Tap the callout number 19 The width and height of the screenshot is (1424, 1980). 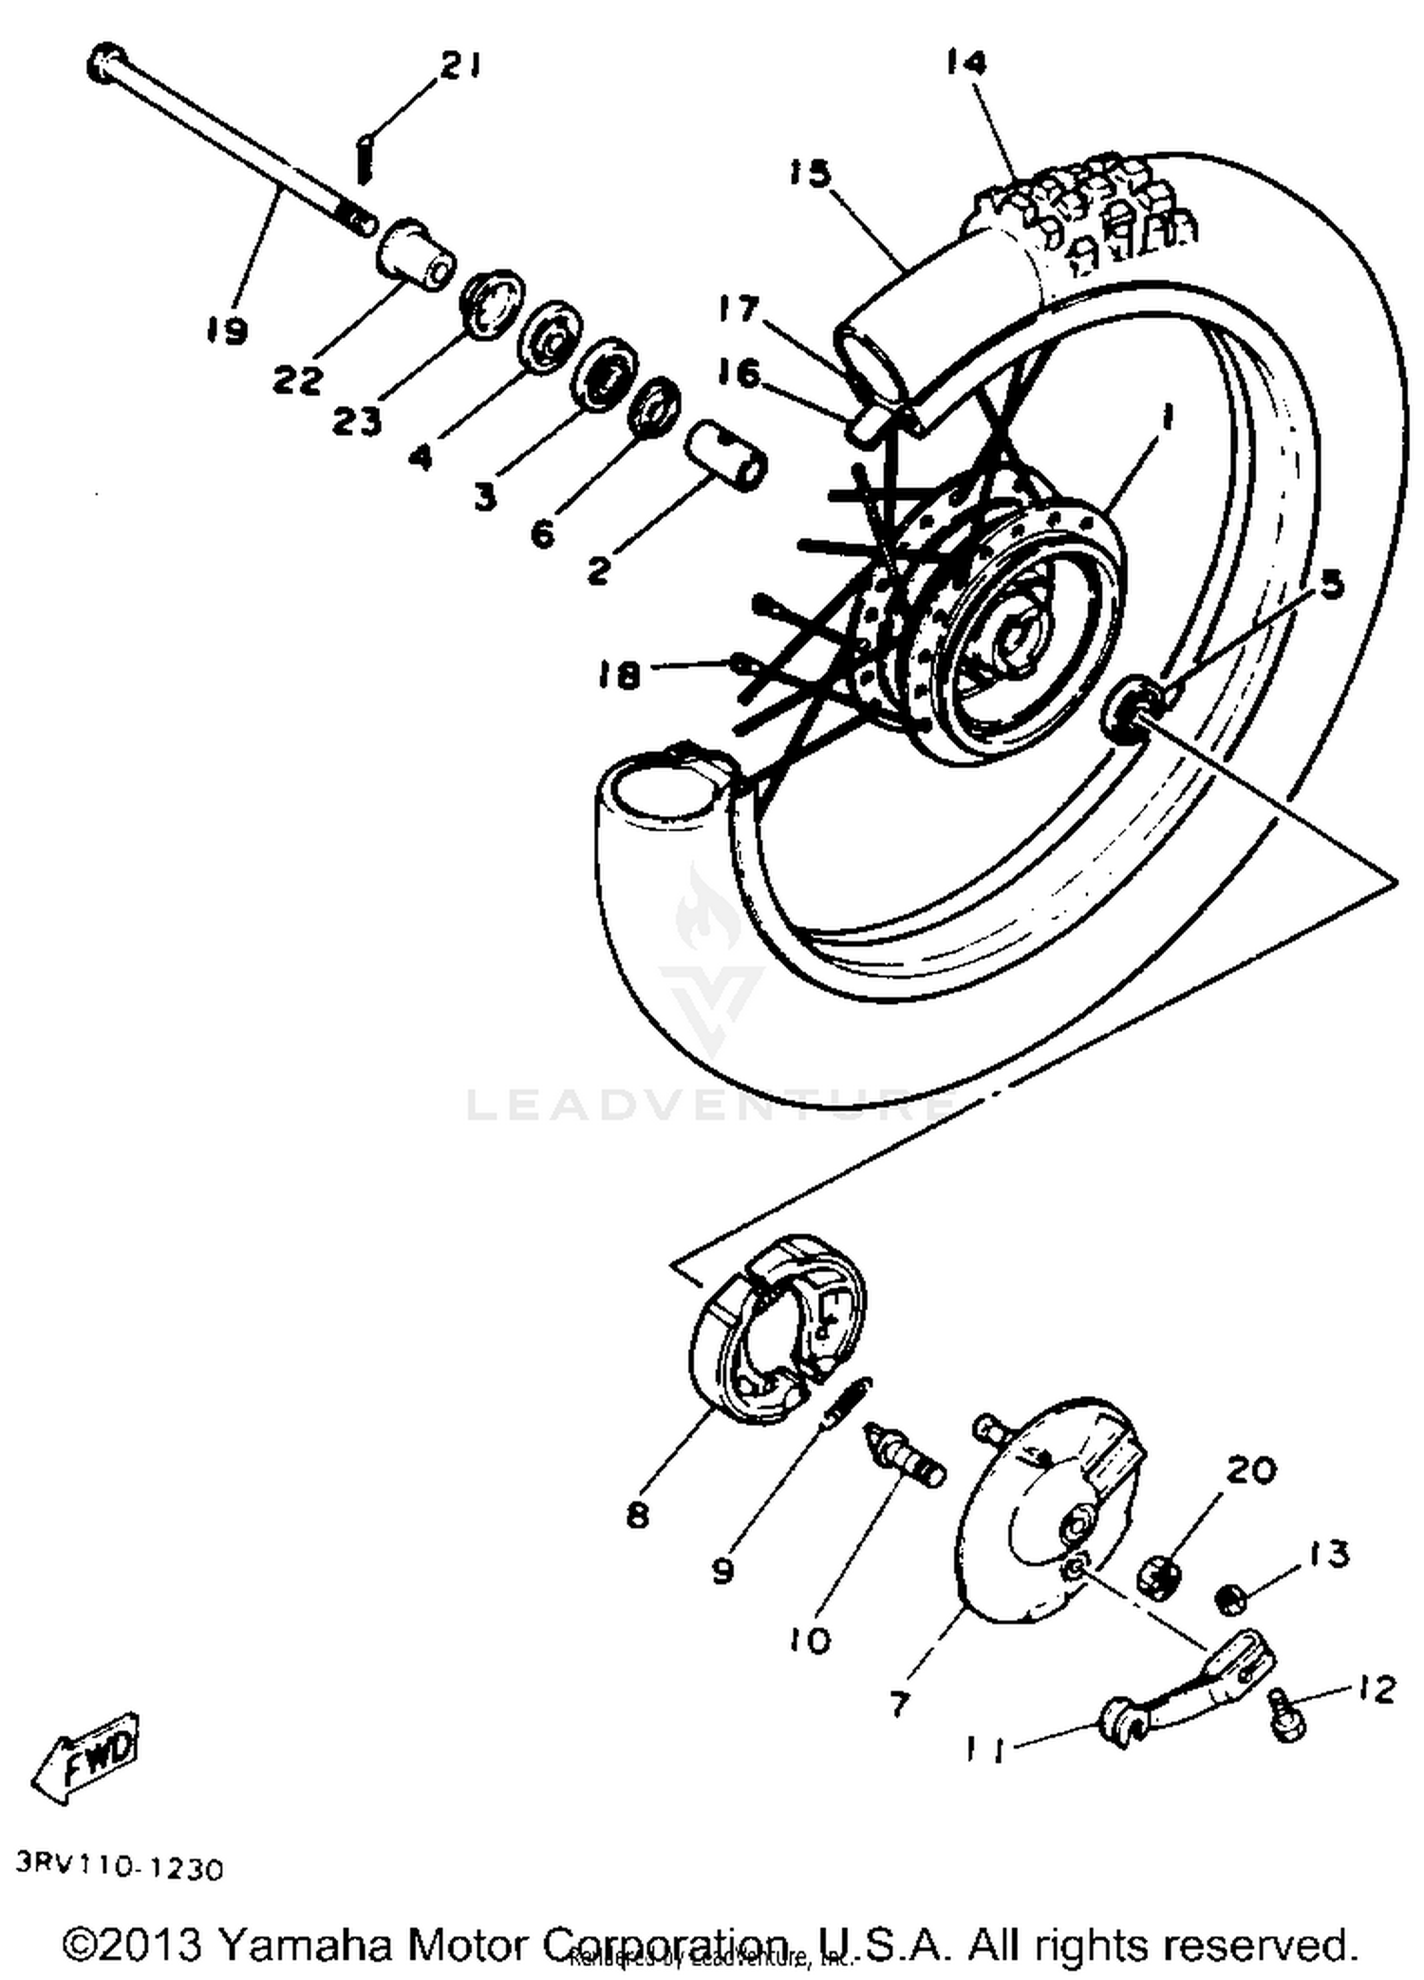[x=226, y=331]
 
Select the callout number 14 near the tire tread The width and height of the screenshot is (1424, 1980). [x=966, y=64]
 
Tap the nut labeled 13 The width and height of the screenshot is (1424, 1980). [x=1230, y=1600]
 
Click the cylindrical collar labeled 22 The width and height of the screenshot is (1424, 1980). [x=414, y=254]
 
